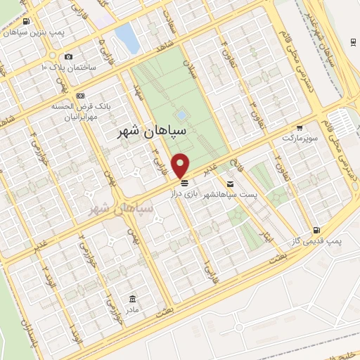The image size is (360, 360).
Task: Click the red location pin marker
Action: [x=181, y=165]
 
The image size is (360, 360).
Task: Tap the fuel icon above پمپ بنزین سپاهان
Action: [x=26, y=22]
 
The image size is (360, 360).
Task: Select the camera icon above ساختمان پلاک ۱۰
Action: [x=68, y=57]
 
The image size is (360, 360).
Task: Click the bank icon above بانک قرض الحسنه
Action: [x=80, y=95]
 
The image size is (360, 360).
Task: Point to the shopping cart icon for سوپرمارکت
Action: [x=300, y=128]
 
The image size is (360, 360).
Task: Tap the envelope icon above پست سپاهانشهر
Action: [x=230, y=184]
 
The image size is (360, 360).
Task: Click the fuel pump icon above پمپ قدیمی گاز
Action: [x=317, y=230]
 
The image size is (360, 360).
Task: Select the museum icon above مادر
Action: [x=132, y=298]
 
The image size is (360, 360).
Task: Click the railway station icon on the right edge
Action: [x=352, y=40]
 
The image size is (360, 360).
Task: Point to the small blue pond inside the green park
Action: [x=181, y=114]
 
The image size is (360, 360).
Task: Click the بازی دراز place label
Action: [x=188, y=193]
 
